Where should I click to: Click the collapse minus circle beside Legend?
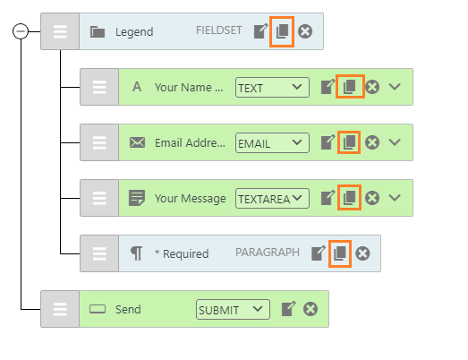click(x=21, y=31)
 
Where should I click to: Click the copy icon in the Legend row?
click(x=282, y=31)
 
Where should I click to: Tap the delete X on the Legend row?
click(x=305, y=31)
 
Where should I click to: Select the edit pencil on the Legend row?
click(x=261, y=31)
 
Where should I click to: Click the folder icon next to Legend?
click(x=98, y=31)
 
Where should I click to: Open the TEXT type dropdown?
click(x=272, y=87)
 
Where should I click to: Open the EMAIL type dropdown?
click(x=272, y=142)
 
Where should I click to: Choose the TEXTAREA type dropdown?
click(x=272, y=199)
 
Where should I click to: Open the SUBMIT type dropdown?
click(x=233, y=310)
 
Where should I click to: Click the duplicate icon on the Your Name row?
click(x=350, y=87)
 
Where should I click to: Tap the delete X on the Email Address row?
click(x=372, y=142)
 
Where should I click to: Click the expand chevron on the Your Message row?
click(x=395, y=198)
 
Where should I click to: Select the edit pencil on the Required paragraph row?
click(x=319, y=253)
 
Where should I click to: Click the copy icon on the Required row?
click(x=340, y=253)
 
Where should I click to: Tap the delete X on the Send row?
click(x=311, y=309)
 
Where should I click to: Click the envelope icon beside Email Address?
click(x=137, y=142)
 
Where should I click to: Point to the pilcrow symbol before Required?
click(x=136, y=253)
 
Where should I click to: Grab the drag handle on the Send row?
click(x=60, y=309)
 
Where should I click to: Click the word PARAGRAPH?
click(x=268, y=253)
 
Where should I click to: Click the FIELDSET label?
click(x=218, y=30)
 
